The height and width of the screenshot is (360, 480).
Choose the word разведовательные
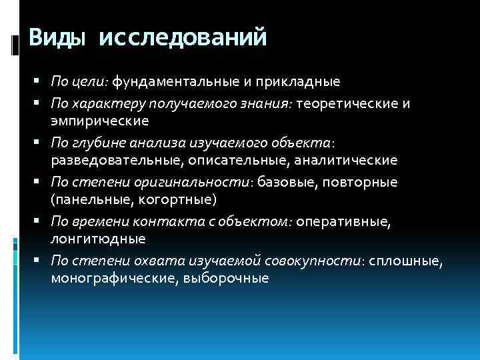[x=117, y=160]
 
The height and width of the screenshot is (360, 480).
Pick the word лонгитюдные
[x=93, y=238]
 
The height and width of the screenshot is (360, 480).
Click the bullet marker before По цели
[x=41, y=83]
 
